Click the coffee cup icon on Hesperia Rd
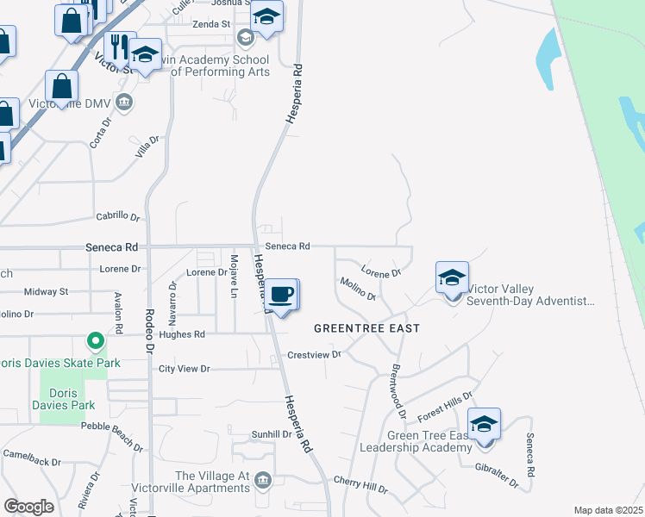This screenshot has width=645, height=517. [281, 295]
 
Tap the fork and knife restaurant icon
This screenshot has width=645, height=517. [120, 47]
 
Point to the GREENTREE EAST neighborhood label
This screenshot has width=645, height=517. [366, 328]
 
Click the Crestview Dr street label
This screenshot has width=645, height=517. [314, 354]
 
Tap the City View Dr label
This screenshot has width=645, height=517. [184, 369]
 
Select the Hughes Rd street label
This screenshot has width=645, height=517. [181, 334]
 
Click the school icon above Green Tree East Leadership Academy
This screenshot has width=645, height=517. [484, 424]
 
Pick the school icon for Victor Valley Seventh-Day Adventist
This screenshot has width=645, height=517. [452, 277]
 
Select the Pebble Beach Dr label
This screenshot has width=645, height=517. [113, 437]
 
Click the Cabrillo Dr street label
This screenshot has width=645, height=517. [117, 216]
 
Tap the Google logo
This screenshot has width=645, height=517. [28, 506]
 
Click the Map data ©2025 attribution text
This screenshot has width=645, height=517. [608, 510]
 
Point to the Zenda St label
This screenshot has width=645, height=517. [211, 24]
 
